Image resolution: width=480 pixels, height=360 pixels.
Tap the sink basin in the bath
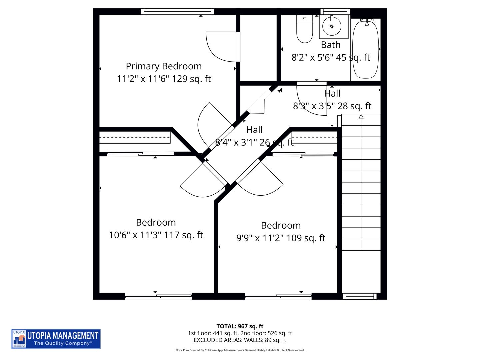[332, 26]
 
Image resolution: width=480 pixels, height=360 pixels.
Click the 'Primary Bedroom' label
[164, 66]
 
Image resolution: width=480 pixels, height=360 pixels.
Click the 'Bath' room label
[331, 45]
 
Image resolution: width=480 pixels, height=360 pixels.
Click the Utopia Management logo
[56, 339]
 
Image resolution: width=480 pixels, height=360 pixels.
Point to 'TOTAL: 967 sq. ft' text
[240, 326]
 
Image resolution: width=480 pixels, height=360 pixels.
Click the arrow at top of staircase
[361, 117]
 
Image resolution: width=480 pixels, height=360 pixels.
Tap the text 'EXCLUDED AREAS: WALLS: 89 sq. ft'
[240, 340]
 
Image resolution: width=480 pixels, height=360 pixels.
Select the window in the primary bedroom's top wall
[177, 12]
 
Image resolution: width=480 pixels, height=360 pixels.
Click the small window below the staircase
[360, 296]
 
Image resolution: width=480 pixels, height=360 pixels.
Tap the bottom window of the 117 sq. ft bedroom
[158, 296]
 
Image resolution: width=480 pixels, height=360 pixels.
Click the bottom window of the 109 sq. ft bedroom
[278, 296]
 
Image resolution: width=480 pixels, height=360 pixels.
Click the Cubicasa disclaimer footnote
[240, 350]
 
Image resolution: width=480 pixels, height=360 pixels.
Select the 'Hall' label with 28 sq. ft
[332, 94]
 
